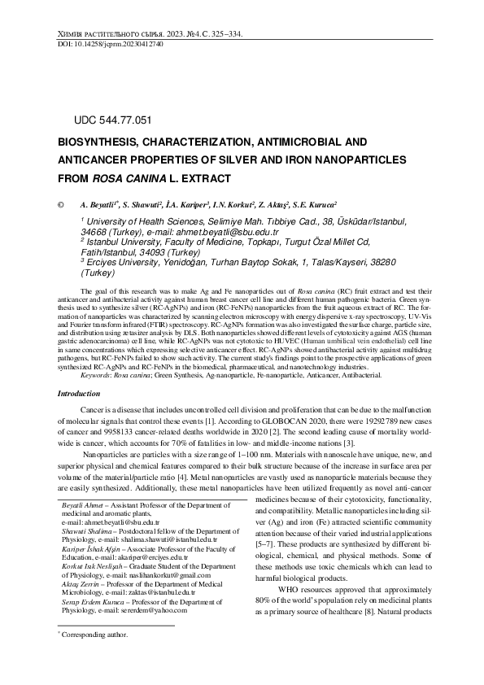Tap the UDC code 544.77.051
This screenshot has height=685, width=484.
click(x=112, y=120)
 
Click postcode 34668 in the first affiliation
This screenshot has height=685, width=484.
click(x=101, y=232)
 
